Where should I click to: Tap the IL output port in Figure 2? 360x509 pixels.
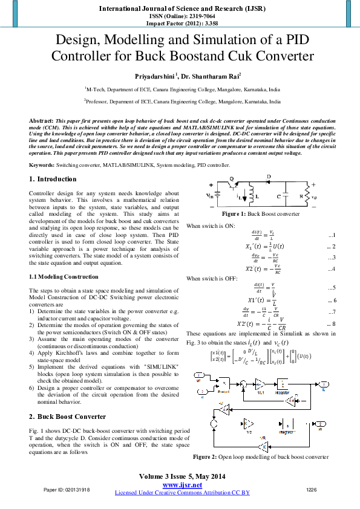coord(324,384)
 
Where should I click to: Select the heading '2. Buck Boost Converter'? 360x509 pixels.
coord(67,417)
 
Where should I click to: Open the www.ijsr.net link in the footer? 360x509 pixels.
coord(182,485)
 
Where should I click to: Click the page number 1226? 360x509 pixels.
coord(312,489)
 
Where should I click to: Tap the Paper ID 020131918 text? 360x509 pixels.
coord(66,489)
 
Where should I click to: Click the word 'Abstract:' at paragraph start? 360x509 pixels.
coord(42,121)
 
